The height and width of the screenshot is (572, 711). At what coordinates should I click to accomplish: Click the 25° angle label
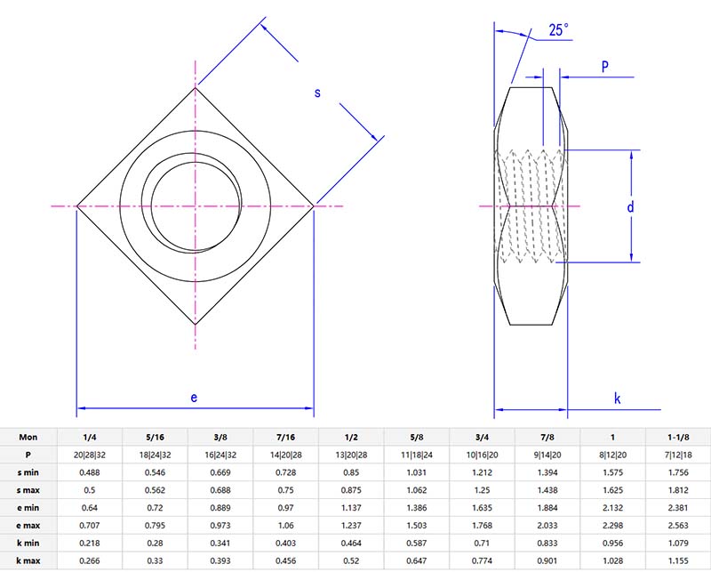click(558, 30)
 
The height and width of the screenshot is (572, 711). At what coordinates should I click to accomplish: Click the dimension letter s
click(317, 92)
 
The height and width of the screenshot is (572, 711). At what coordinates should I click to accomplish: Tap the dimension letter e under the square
click(195, 397)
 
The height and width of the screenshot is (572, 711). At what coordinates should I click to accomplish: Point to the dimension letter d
click(630, 207)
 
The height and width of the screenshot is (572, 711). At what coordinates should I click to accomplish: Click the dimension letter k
click(617, 399)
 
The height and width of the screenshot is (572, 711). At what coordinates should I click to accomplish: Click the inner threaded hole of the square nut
click(195, 206)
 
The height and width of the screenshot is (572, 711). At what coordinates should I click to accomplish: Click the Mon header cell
click(28, 438)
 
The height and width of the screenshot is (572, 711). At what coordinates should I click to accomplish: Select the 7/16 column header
click(285, 438)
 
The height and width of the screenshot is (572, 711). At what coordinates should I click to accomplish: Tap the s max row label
click(28, 490)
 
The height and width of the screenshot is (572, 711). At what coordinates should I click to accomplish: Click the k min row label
click(28, 543)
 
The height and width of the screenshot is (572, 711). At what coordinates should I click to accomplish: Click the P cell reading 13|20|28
click(351, 455)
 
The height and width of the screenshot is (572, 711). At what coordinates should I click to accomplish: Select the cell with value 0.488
click(90, 473)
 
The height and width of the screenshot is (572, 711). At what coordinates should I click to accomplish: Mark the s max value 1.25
click(482, 490)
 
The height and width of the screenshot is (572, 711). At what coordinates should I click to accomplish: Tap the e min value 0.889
click(220, 508)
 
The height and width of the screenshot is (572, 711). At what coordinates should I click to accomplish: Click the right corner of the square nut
click(312, 206)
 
